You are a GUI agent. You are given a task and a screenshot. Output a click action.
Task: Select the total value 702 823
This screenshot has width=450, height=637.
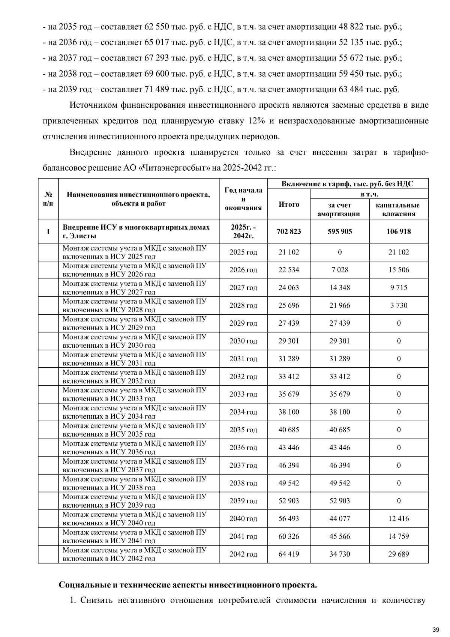click(x=289, y=231)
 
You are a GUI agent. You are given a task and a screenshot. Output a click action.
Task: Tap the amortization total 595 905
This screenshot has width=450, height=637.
click(x=339, y=231)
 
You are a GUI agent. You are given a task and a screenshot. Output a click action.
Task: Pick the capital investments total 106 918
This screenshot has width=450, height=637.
click(x=399, y=231)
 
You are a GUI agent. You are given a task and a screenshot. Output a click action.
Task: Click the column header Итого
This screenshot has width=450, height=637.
click(x=289, y=204)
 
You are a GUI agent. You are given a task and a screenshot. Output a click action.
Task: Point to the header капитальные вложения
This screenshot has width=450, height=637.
click(x=399, y=209)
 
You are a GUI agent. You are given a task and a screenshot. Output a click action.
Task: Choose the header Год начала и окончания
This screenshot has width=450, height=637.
click(x=243, y=199)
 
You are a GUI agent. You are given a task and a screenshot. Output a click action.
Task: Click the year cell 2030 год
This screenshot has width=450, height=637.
click(x=243, y=341)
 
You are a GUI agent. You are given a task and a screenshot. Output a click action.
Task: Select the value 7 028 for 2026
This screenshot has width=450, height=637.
click(x=339, y=270)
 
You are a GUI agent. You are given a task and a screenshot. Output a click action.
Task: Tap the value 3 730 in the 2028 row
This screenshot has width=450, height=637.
click(x=399, y=305)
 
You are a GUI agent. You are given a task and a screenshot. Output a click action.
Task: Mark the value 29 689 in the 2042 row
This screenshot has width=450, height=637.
click(x=399, y=554)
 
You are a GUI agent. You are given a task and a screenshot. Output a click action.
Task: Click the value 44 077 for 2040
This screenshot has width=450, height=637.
click(x=339, y=518)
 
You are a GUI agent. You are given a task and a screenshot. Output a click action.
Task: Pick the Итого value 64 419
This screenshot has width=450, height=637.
click(x=289, y=554)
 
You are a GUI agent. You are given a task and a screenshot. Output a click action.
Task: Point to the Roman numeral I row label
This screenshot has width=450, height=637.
click(x=48, y=231)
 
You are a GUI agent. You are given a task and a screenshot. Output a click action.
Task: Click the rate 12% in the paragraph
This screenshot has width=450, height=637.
click(x=257, y=121)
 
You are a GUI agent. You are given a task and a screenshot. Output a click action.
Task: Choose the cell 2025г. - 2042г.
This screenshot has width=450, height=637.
click(x=243, y=231)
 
